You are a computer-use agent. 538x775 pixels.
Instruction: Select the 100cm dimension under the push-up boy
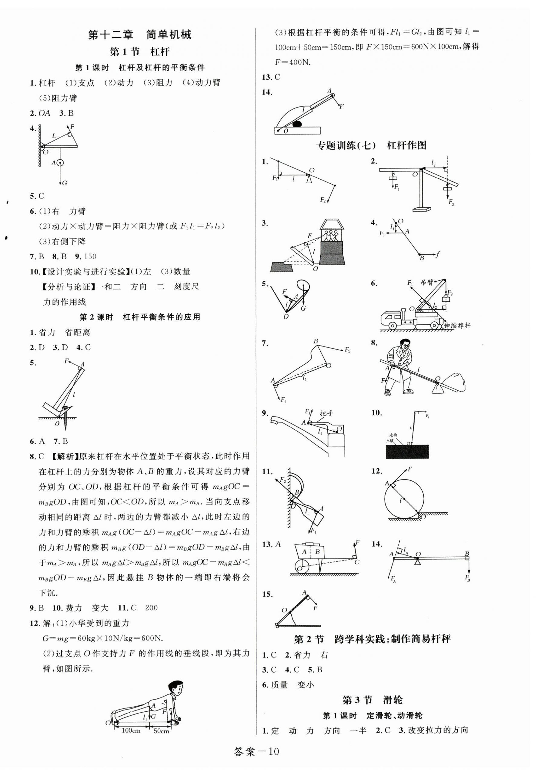coord(131,730)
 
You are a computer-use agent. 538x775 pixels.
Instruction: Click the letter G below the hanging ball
coord(65,183)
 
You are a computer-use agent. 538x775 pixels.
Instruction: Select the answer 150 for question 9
coord(90,257)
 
